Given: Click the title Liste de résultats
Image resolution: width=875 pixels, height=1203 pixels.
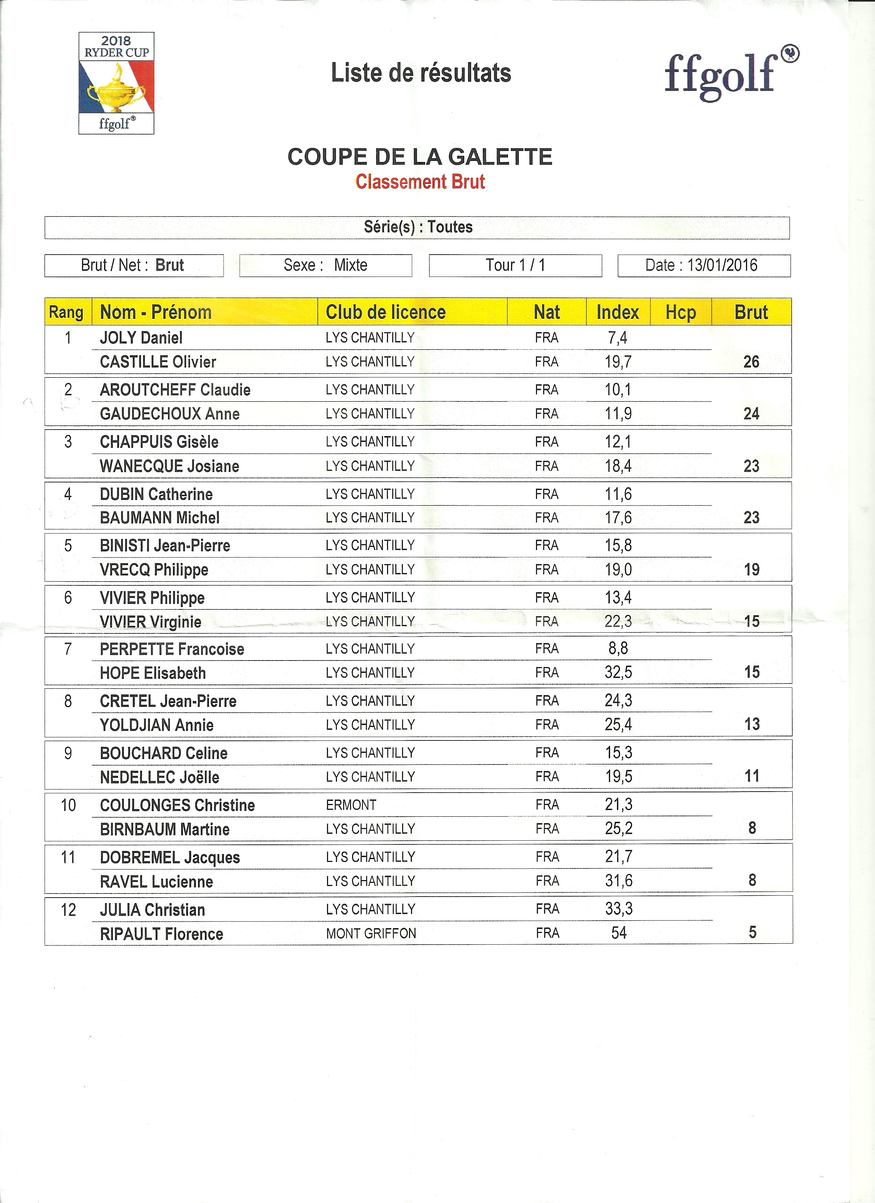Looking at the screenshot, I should point(421,73).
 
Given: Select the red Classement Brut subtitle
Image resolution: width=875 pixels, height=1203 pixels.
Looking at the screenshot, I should point(420,182).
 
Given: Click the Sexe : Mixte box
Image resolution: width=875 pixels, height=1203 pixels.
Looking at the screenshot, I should point(326,265).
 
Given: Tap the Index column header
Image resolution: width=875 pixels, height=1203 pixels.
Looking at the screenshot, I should point(618,312).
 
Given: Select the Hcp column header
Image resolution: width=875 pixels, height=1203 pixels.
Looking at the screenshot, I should point(680,312).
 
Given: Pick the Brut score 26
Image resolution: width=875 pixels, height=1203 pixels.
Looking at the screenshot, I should point(751,362).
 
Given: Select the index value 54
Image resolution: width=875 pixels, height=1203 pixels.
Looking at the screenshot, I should point(619,933).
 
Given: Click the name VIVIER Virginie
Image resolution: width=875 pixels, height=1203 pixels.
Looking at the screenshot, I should point(151,622).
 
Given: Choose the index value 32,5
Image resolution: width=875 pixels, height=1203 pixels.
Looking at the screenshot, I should point(618,673).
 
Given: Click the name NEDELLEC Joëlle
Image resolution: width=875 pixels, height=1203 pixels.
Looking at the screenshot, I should point(160,778).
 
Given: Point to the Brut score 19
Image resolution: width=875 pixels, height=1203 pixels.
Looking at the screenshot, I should point(751,570).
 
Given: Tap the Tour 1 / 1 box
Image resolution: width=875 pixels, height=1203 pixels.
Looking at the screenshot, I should point(515,265).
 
